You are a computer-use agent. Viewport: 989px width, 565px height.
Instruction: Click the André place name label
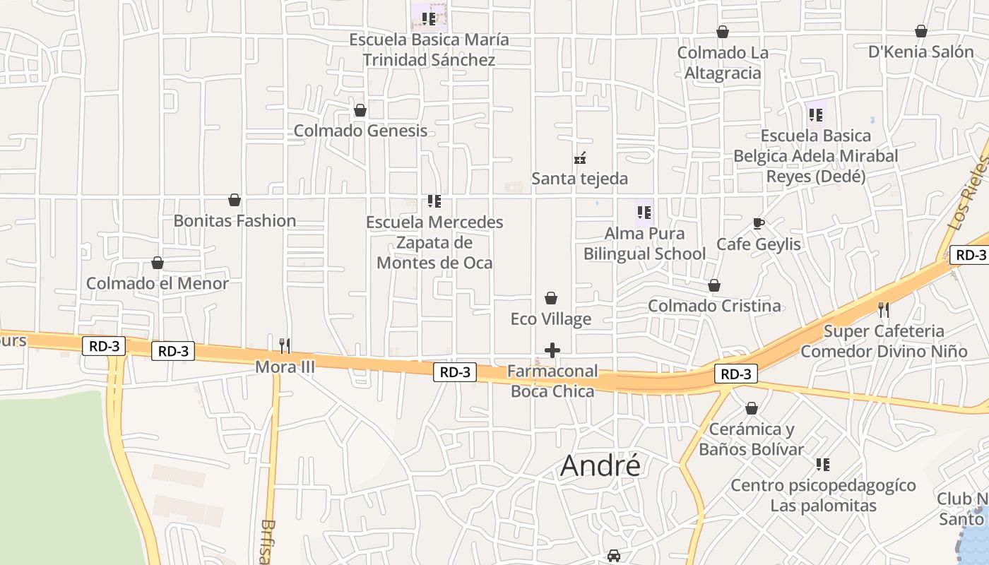point(600,466)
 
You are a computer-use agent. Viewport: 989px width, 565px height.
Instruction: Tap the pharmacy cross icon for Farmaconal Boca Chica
point(552,350)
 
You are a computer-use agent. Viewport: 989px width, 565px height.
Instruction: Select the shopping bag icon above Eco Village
point(551,299)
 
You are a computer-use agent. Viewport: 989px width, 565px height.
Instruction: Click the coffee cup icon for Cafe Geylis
point(759,224)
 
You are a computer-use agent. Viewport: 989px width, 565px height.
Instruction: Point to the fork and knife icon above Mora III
point(285,345)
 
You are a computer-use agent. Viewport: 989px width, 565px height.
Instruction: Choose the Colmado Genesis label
point(360,131)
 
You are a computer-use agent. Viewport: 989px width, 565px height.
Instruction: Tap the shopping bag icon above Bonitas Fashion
point(235,201)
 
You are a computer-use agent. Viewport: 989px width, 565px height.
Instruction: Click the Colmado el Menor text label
point(158,283)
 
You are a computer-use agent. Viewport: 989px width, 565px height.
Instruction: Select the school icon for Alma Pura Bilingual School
point(644,212)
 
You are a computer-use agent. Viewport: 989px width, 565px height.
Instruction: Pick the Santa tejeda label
point(579,179)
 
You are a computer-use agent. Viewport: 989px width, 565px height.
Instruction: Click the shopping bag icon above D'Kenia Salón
point(920,32)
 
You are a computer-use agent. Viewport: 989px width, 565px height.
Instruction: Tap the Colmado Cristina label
point(714,306)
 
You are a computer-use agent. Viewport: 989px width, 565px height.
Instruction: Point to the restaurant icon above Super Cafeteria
point(883,309)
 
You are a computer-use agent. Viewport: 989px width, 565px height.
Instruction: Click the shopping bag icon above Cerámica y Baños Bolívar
point(752,409)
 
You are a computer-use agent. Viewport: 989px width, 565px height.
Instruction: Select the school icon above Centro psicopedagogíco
point(823,465)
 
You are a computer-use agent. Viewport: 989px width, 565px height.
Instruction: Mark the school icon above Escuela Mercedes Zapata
point(434,202)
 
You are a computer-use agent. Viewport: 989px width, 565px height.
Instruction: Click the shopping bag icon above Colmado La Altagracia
point(722,32)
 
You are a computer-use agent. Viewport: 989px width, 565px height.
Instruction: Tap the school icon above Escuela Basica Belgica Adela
point(816,114)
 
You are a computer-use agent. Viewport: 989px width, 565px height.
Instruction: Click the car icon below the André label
point(614,556)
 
